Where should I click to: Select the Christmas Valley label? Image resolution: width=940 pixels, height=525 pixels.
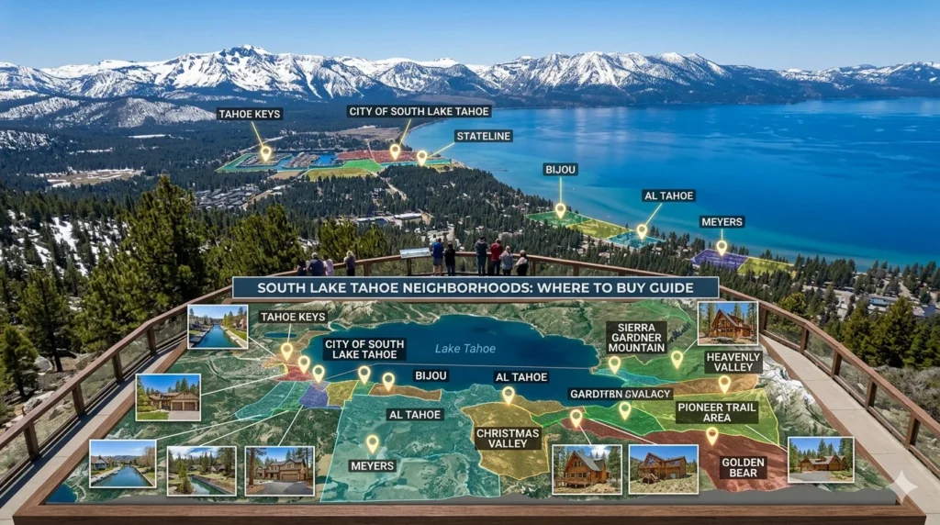click(x=508, y=438)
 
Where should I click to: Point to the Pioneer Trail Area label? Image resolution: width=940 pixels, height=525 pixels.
click(x=717, y=411)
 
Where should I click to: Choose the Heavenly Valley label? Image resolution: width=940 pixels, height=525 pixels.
click(x=733, y=361)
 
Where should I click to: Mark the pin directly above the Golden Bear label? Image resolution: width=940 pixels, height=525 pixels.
click(x=711, y=434)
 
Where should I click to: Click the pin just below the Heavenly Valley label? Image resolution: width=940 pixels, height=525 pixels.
click(x=724, y=383)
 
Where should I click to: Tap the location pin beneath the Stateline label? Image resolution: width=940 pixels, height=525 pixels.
click(x=422, y=157)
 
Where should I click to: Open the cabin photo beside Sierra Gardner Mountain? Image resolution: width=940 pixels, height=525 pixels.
click(x=727, y=323)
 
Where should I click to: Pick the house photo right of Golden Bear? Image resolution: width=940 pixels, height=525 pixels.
click(x=820, y=459)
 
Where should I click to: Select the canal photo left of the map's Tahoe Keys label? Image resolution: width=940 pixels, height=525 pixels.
click(x=218, y=327)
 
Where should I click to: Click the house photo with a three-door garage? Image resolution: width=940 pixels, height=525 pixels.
click(x=168, y=397)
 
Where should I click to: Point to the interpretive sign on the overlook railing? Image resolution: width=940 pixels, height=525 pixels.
click(x=415, y=253)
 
